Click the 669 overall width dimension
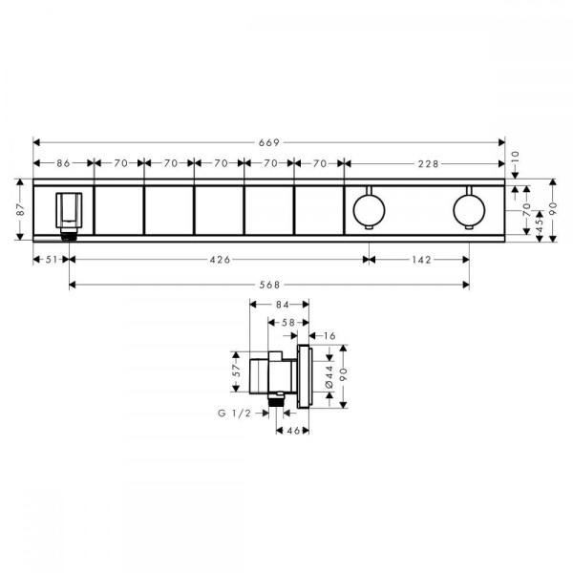tap(269, 142)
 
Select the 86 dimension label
tap(63, 163)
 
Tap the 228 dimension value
tap(428, 163)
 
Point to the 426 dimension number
tap(220, 260)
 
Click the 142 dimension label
tap(422, 260)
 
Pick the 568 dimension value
tap(269, 285)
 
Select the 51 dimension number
tap(52, 260)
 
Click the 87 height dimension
tap(20, 209)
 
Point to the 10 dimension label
tap(515, 158)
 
